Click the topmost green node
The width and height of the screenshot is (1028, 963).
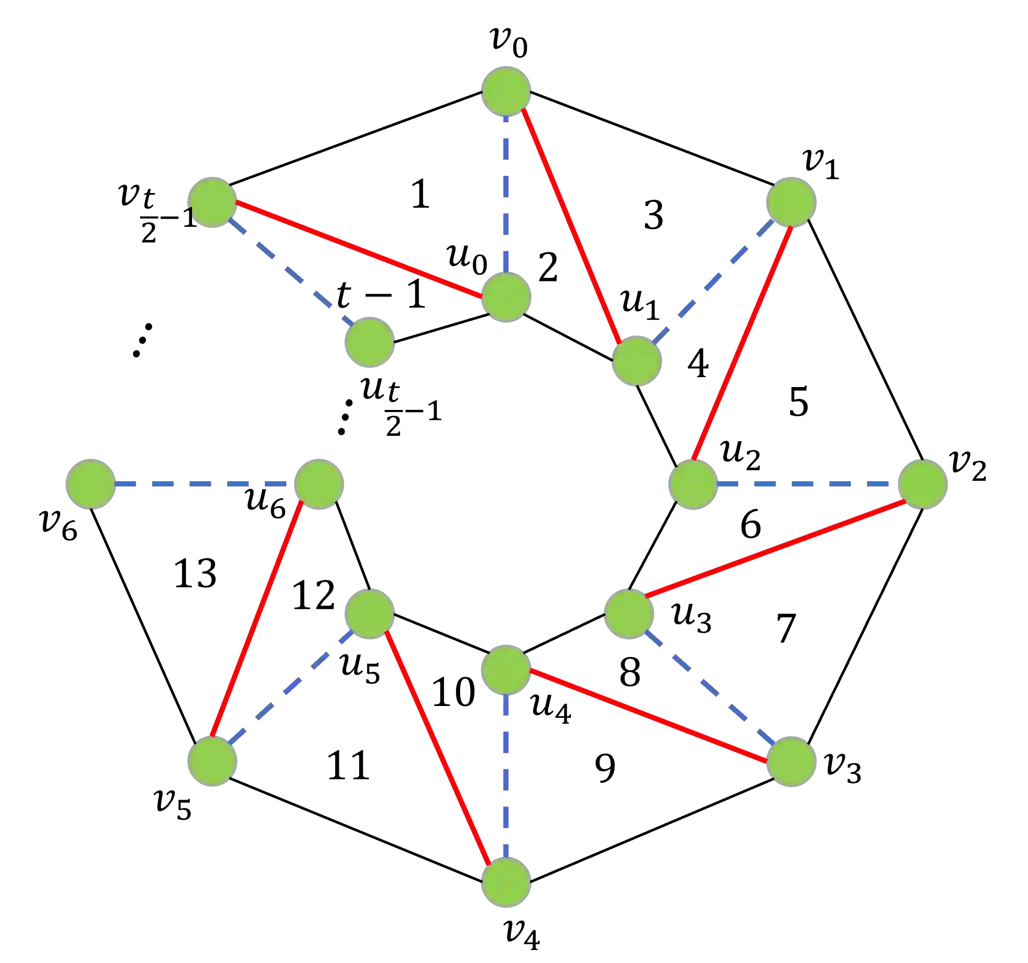(x=505, y=90)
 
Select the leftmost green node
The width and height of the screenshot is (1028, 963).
(x=90, y=484)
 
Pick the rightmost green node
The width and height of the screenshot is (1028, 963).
(x=923, y=484)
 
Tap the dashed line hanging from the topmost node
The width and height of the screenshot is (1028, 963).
(x=505, y=192)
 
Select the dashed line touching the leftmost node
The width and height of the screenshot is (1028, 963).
(x=203, y=484)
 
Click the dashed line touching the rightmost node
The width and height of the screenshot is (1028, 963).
(x=807, y=484)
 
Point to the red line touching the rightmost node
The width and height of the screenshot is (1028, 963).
(x=776, y=548)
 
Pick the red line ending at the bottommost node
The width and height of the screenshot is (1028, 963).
(x=437, y=747)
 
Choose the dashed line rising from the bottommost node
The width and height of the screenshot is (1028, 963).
(x=505, y=775)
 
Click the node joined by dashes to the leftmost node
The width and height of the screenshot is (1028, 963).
(x=319, y=484)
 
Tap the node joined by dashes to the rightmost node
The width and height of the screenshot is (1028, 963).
(x=692, y=484)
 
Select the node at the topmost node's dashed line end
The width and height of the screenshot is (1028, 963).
(x=505, y=297)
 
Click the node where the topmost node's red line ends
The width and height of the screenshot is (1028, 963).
(x=637, y=361)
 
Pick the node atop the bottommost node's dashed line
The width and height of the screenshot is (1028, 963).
(x=505, y=670)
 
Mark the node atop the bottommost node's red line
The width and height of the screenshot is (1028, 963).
(x=370, y=613)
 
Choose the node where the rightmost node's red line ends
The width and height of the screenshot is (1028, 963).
(x=629, y=614)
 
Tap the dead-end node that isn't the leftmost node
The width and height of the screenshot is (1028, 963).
(x=369, y=342)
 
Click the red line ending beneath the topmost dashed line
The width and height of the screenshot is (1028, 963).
(x=359, y=250)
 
